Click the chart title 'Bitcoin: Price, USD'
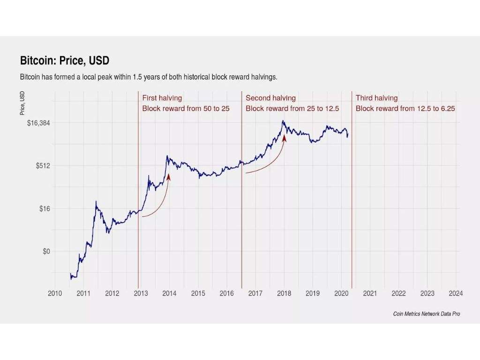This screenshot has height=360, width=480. [x=65, y=61]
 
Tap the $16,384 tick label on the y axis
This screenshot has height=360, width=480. [x=39, y=123]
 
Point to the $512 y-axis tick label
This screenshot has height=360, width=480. [x=43, y=165]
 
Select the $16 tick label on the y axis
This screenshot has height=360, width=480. [x=45, y=209]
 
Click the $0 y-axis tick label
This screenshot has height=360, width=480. [x=46, y=251]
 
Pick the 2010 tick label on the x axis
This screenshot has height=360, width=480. [x=55, y=293]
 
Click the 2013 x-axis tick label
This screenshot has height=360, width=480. [x=141, y=293]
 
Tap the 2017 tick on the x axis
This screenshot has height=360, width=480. [x=255, y=293]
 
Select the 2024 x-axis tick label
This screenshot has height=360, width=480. [x=456, y=293]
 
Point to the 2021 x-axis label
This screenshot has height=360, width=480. [x=370, y=293]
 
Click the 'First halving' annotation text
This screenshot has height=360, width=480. [x=162, y=98]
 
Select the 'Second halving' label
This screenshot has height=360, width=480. [x=270, y=98]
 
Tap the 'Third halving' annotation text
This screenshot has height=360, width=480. [x=376, y=98]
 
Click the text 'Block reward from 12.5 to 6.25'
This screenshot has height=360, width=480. [x=405, y=108]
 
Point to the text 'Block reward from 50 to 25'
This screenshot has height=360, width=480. [x=186, y=108]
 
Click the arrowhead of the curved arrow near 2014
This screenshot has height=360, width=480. [x=168, y=176]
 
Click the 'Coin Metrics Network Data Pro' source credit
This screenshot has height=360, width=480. [x=427, y=314]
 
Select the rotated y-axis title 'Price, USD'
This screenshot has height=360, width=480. [x=22, y=104]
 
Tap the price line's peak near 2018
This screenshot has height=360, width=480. [x=283, y=121]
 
